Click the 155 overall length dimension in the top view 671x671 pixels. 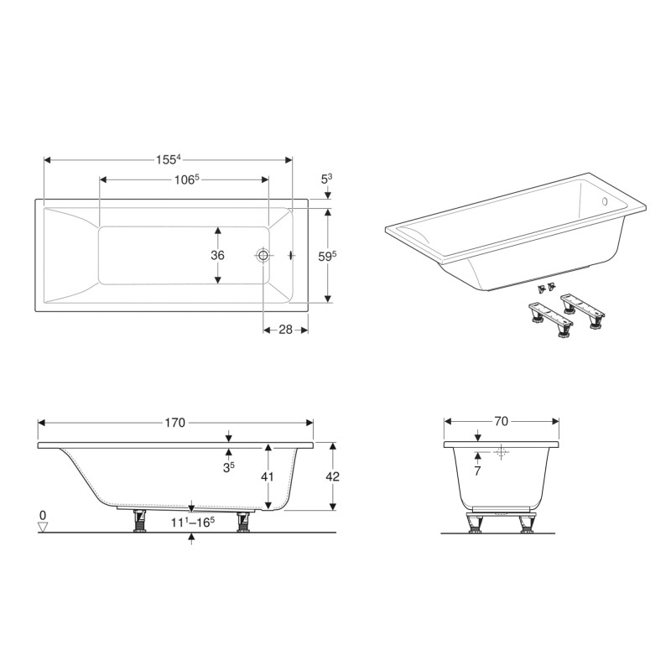168,159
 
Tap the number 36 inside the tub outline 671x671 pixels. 218,255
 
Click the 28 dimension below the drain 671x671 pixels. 285,330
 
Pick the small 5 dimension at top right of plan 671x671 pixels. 327,179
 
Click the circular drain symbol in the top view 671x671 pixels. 263,255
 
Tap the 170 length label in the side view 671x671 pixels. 174,423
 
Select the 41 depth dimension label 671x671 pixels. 268,476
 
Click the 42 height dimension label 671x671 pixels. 333,476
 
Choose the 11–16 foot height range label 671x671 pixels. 193,522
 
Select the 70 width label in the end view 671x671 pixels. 502,422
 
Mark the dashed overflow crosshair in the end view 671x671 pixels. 502,452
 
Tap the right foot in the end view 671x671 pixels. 527,523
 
